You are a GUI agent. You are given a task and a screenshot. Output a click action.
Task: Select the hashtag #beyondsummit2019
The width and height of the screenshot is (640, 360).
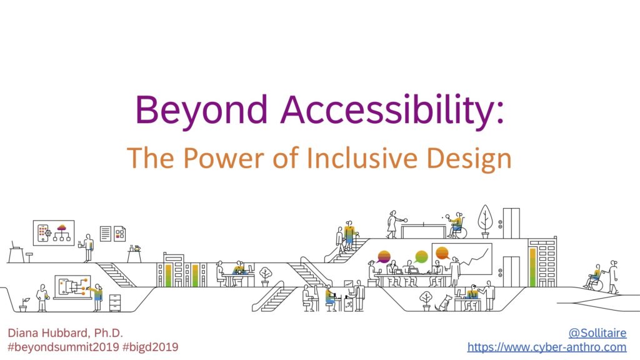point(60,347)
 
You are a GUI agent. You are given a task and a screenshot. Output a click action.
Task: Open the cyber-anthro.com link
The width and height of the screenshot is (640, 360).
point(547,347)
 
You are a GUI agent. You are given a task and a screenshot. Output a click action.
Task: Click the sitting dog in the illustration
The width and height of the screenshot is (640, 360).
point(444,303)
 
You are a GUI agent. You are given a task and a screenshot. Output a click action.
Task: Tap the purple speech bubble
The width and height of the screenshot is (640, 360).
point(384,256)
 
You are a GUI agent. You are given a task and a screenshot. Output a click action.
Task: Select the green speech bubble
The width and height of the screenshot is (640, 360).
point(421,256)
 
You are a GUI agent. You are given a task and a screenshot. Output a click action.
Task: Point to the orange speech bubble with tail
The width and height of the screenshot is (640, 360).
point(442,254)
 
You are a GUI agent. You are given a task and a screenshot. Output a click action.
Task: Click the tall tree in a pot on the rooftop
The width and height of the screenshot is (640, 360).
point(486,221)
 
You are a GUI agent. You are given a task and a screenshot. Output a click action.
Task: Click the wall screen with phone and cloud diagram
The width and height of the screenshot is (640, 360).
point(54,232)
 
